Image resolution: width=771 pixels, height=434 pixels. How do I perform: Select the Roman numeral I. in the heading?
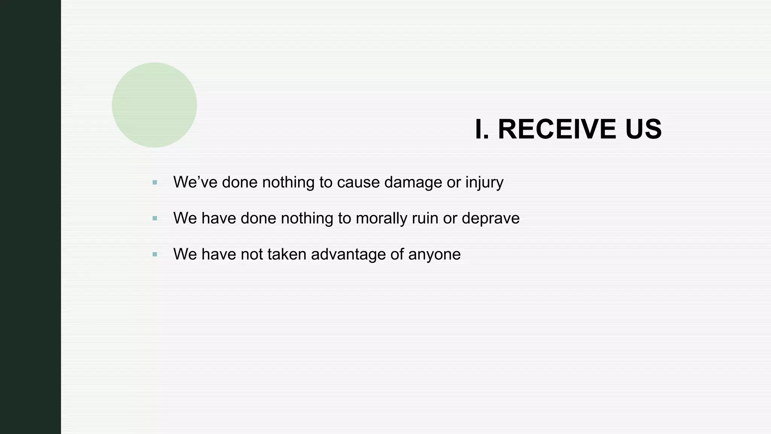[482, 129]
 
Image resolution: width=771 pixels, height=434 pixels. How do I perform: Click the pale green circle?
[154, 105]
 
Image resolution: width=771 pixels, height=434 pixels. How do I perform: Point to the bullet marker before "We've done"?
[155, 183]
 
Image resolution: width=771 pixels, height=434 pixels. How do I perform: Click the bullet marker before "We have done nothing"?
[155, 219]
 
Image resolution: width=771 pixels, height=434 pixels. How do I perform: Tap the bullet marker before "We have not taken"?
[155, 255]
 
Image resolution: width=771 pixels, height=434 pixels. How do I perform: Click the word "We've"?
[195, 182]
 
